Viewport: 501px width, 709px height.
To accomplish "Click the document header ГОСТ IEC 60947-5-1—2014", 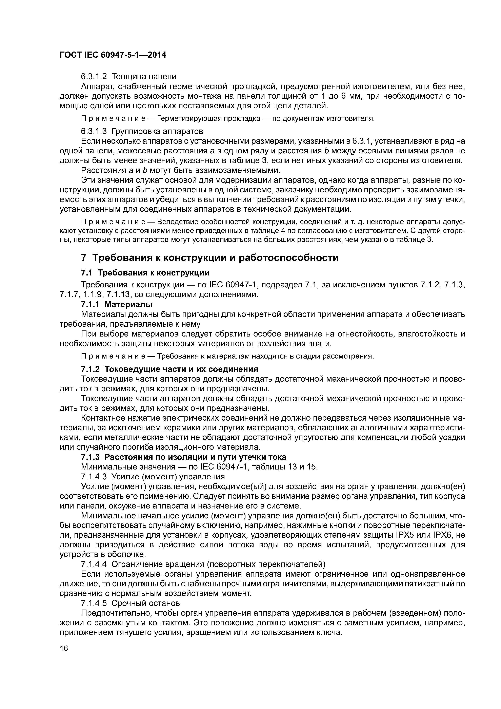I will pos(113,55).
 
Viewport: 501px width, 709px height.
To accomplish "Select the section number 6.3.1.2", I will pos(94,76).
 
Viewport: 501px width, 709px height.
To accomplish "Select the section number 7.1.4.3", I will pos(94,477).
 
